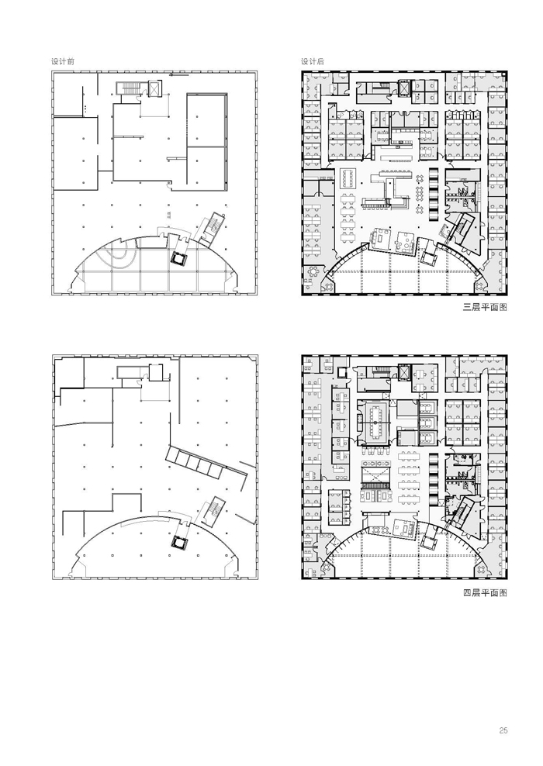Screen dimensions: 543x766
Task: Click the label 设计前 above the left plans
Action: click(x=63, y=61)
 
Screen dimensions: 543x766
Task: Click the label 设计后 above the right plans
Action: click(x=313, y=61)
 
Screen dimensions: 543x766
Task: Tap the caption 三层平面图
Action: click(x=485, y=307)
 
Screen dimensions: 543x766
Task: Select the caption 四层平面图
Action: click(x=485, y=592)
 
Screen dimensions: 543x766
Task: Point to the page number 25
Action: click(x=503, y=730)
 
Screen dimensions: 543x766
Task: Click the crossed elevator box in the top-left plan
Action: click(x=154, y=89)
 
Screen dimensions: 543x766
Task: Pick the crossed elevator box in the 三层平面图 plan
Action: click(x=405, y=87)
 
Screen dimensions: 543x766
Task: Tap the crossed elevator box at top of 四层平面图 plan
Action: click(x=405, y=373)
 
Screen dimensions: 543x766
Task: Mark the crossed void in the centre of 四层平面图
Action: click(x=375, y=474)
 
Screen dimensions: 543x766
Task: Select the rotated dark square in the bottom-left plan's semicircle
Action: click(x=179, y=541)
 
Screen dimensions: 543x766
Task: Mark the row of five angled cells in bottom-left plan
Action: click(x=194, y=461)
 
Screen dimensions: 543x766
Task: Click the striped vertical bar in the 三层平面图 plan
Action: click(x=434, y=195)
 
